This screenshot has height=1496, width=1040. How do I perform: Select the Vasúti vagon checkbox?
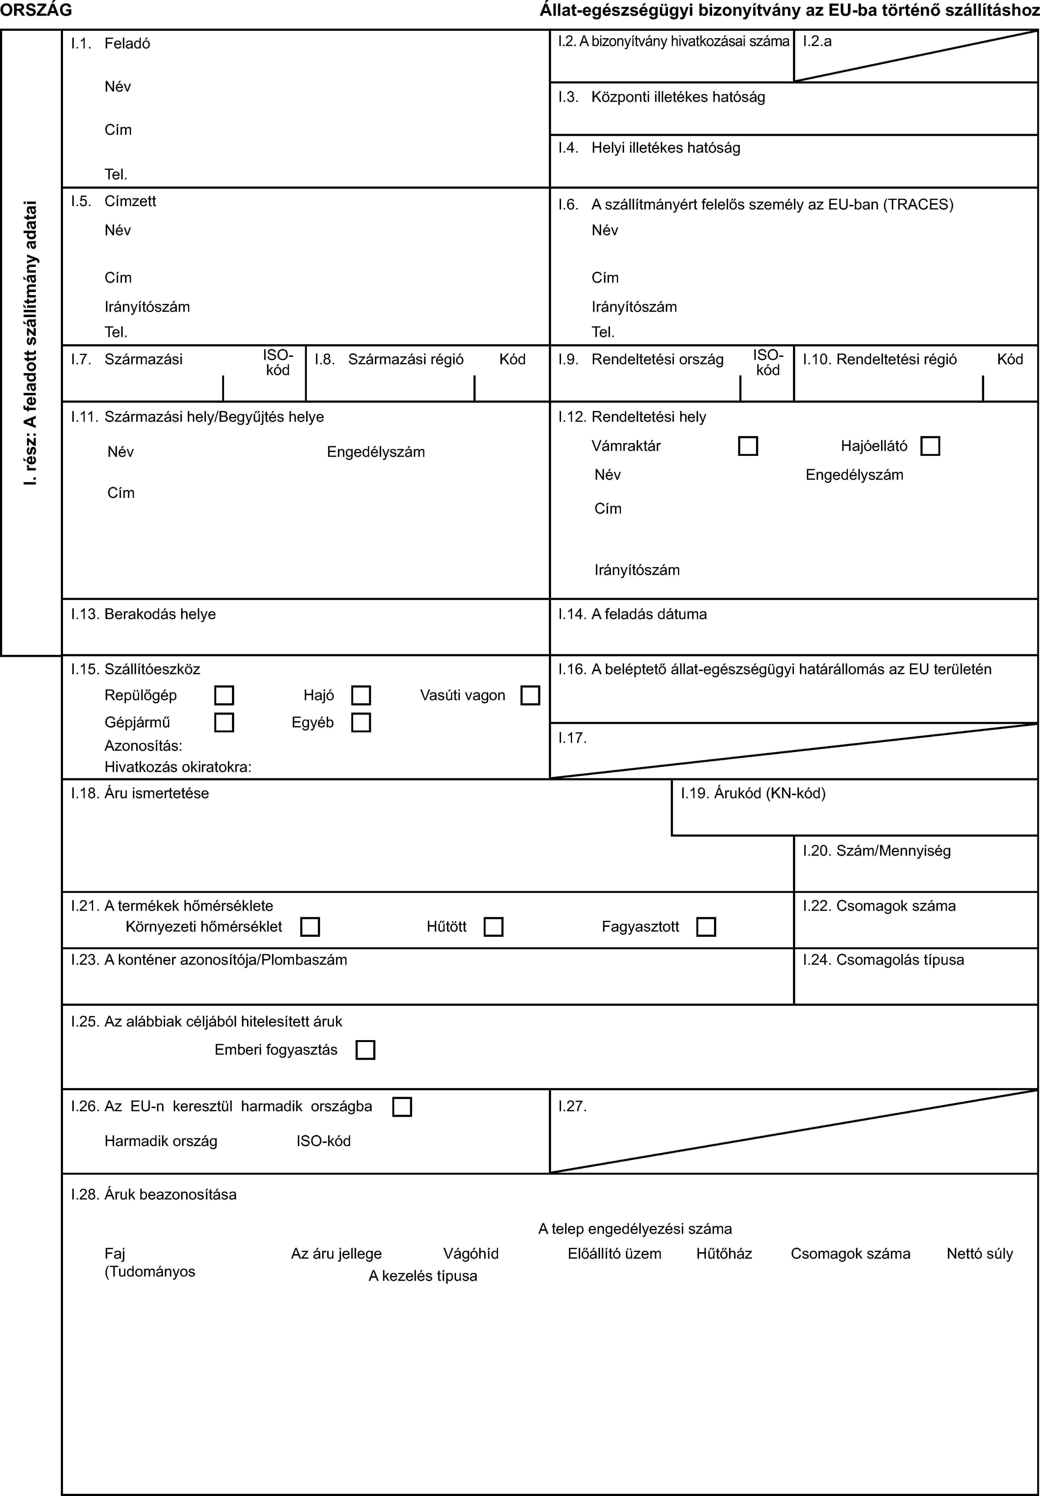531,696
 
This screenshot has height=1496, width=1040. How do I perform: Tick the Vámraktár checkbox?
748,446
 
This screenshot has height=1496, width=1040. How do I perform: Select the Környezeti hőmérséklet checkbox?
310,927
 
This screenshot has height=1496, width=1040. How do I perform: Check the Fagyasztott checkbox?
706,927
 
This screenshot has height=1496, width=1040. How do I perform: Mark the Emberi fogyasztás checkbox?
366,1050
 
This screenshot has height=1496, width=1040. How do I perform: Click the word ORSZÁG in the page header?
37,10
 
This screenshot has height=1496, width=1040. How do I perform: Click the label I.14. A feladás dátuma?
632,614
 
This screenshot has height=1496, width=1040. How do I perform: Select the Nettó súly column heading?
979,1254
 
